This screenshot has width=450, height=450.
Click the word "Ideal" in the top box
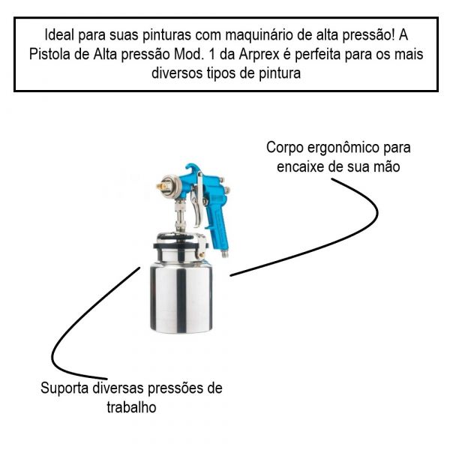pyautogui.click(x=60, y=35)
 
